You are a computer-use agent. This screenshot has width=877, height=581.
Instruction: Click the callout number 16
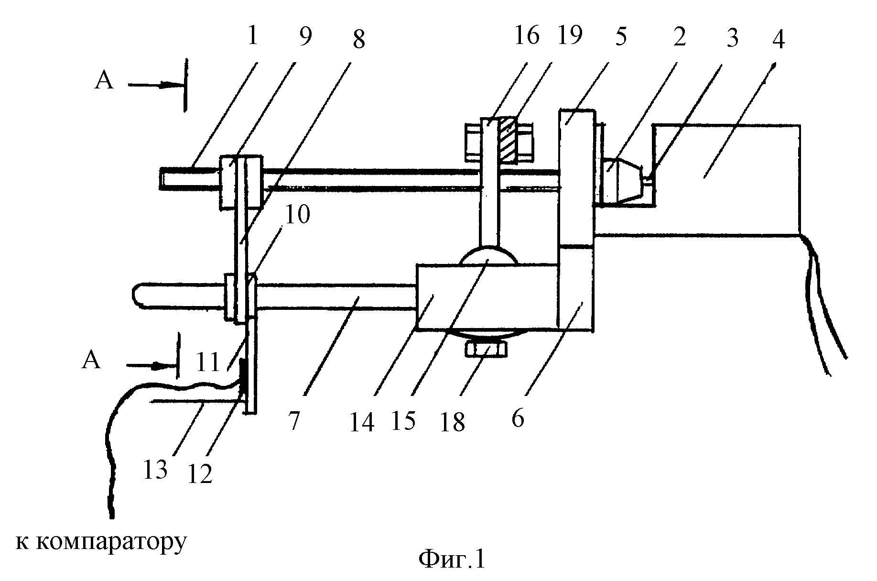click(527, 36)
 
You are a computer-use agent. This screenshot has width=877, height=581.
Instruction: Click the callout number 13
click(155, 470)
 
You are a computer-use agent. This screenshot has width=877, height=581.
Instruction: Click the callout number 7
click(293, 420)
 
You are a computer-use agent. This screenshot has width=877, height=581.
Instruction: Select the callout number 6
click(518, 418)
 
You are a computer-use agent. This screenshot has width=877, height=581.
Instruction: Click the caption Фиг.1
click(452, 559)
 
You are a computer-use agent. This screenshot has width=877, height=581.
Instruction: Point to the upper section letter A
click(104, 81)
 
